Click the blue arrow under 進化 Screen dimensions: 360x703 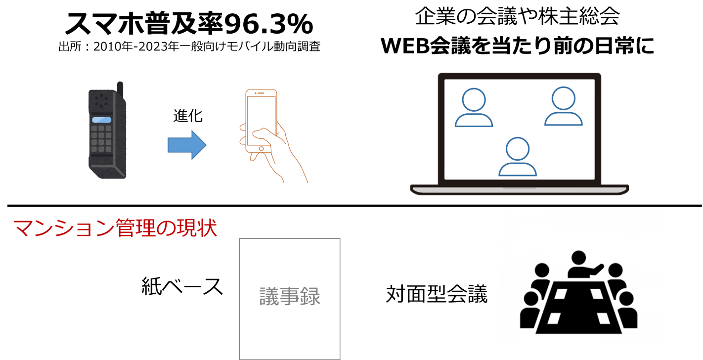[186, 145]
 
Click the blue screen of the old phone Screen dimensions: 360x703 [102, 120]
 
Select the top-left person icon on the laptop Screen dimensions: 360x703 [474, 108]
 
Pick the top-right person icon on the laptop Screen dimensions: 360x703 [563, 106]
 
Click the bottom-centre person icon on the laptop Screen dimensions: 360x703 [517, 157]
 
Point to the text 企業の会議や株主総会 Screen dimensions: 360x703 [517, 18]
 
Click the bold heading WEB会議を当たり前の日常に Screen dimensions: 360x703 [517, 46]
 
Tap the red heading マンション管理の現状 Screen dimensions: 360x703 [115, 228]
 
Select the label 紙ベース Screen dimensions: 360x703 [182, 287]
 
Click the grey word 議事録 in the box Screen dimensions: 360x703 [290, 297]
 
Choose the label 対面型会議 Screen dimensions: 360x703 [437, 294]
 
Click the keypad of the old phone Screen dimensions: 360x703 [101, 138]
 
